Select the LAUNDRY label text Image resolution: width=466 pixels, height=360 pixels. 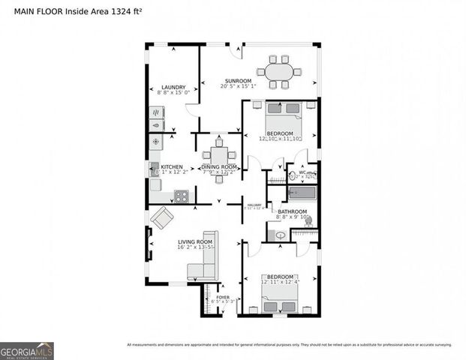pos(173,87)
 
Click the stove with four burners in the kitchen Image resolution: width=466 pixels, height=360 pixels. pos(181,196)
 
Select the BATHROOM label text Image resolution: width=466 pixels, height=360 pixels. pos(293,211)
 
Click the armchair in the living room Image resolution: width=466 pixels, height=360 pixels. pos(162,219)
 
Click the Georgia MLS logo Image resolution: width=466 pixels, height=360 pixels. pos(26,350)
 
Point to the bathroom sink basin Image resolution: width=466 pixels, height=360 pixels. pos(280,235)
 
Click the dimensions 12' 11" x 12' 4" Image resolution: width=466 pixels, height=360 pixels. pos(279,282)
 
